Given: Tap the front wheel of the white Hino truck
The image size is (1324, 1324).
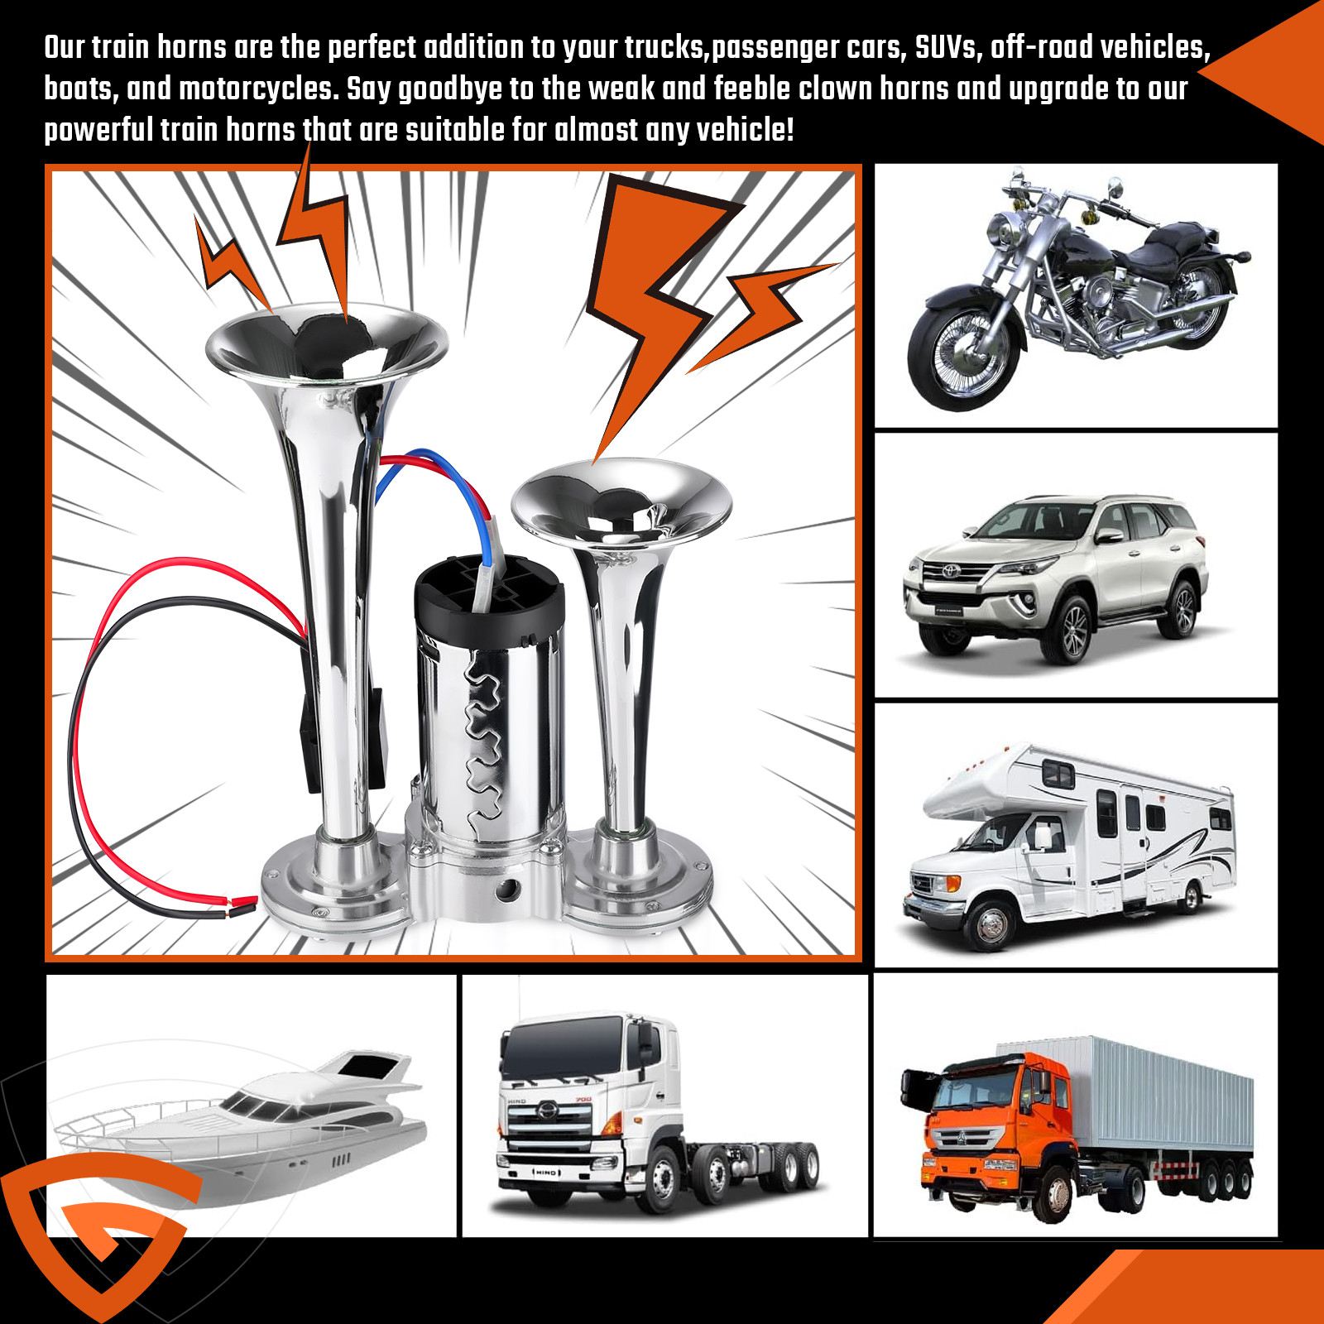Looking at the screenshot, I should (662, 1175).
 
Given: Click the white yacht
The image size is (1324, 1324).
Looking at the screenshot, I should (248, 1117).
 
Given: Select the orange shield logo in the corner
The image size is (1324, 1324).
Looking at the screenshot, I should (99, 1233).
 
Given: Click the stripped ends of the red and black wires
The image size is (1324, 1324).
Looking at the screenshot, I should (240, 904).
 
